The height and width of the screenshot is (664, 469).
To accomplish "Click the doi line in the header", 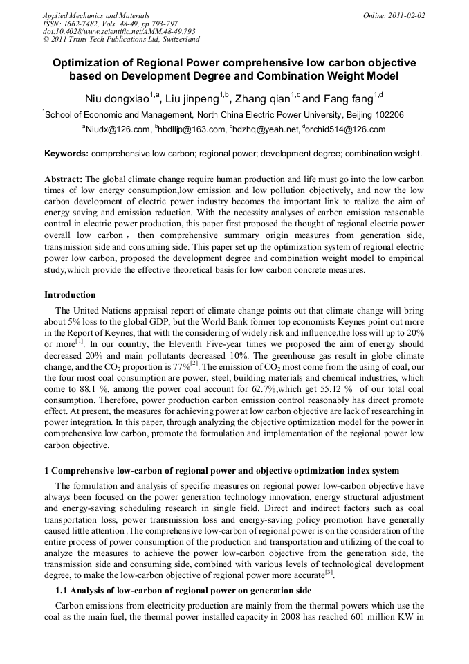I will click(119, 31).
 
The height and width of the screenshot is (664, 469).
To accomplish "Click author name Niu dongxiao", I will click(114, 98).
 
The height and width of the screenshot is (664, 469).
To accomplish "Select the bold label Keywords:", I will click(66, 153).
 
